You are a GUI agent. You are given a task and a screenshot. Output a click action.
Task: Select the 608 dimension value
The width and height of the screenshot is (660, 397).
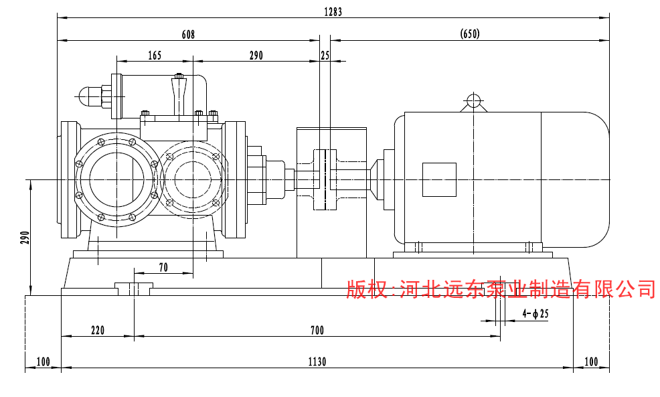188,35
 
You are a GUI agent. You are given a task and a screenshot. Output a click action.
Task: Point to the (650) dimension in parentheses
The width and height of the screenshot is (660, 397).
470,34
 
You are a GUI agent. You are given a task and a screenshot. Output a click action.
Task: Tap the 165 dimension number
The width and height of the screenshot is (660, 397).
155,56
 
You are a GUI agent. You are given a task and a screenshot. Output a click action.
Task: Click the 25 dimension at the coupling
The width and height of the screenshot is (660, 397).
325,56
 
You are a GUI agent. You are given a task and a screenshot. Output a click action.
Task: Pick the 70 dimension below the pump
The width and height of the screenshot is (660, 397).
163,267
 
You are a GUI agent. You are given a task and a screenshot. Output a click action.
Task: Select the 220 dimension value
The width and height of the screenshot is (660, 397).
98,330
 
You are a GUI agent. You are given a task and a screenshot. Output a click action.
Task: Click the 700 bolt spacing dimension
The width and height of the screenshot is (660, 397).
317,330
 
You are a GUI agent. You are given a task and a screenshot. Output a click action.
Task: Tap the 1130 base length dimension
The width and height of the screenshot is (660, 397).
317,362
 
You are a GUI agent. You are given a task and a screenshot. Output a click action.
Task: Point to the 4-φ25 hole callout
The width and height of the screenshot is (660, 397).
535,313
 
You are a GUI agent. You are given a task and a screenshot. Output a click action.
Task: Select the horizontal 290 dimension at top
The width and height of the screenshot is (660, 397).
256,56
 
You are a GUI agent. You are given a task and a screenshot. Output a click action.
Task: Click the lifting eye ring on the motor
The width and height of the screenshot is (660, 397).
473,101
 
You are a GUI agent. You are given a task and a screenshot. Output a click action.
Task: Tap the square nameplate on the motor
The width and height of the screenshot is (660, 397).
438,179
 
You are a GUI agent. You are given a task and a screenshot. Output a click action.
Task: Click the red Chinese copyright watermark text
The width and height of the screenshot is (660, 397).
501,289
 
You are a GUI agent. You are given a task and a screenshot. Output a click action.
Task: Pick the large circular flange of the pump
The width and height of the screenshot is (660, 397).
116,179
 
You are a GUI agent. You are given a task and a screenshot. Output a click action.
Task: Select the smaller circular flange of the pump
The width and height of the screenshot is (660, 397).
193,179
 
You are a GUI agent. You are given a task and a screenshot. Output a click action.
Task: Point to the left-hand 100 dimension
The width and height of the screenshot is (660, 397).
44,362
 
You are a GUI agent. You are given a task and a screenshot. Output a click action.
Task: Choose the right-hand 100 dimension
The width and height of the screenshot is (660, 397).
591,362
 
